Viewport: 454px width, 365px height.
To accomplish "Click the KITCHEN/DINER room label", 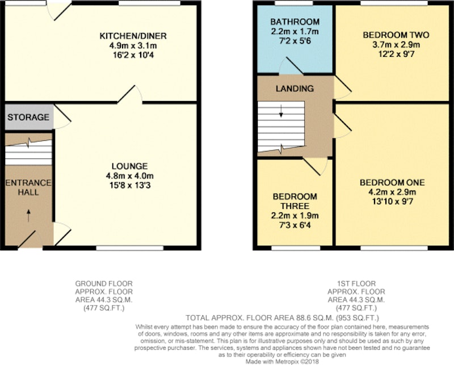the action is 133,36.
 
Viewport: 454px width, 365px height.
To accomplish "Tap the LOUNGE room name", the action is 130,166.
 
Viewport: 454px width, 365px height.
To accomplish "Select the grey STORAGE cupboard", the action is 29,117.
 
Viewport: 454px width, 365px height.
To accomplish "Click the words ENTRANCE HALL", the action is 28,187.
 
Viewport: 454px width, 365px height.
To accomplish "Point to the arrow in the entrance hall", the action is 28,216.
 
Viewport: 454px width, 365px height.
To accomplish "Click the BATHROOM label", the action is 295,22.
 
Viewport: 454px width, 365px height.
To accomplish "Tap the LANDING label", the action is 295,89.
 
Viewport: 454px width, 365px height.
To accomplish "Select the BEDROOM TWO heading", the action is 396,35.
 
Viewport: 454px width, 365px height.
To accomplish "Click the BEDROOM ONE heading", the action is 392,183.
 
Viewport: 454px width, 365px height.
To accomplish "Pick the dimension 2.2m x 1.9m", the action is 295,216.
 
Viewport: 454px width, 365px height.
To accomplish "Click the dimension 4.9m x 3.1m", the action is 133,45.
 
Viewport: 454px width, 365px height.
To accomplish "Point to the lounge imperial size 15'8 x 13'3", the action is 130,185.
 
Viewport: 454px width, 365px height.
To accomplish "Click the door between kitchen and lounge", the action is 130,94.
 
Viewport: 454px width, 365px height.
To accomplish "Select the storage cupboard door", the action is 62,116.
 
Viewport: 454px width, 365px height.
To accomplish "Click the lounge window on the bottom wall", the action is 130,248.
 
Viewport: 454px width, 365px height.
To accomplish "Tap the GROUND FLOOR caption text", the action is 104,283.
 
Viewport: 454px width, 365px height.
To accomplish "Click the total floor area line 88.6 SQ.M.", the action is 282,318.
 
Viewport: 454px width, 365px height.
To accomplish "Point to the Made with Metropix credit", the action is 282,362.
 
